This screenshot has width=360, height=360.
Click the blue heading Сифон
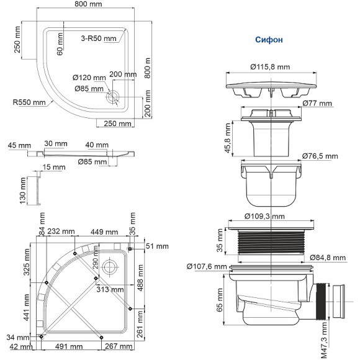tap(269, 40)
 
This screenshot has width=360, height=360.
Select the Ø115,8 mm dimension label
tap(270, 66)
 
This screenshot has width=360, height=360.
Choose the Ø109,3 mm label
tap(263, 217)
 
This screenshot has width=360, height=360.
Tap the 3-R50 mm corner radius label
tap(99, 38)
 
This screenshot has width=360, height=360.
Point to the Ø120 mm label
tap(89, 78)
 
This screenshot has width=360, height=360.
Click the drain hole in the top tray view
tap(112, 97)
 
